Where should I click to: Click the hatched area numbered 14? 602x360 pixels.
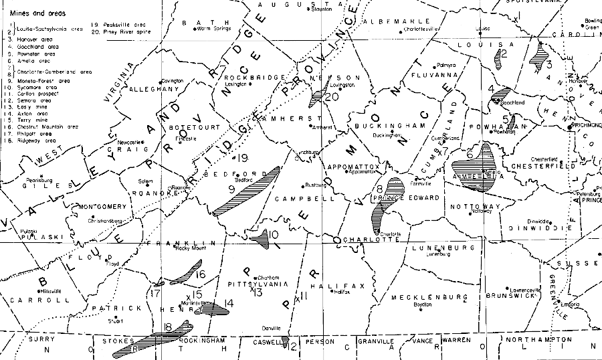tap(217, 309)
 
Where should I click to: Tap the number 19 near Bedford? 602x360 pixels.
tap(243, 159)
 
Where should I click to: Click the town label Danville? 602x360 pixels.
tap(272, 329)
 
